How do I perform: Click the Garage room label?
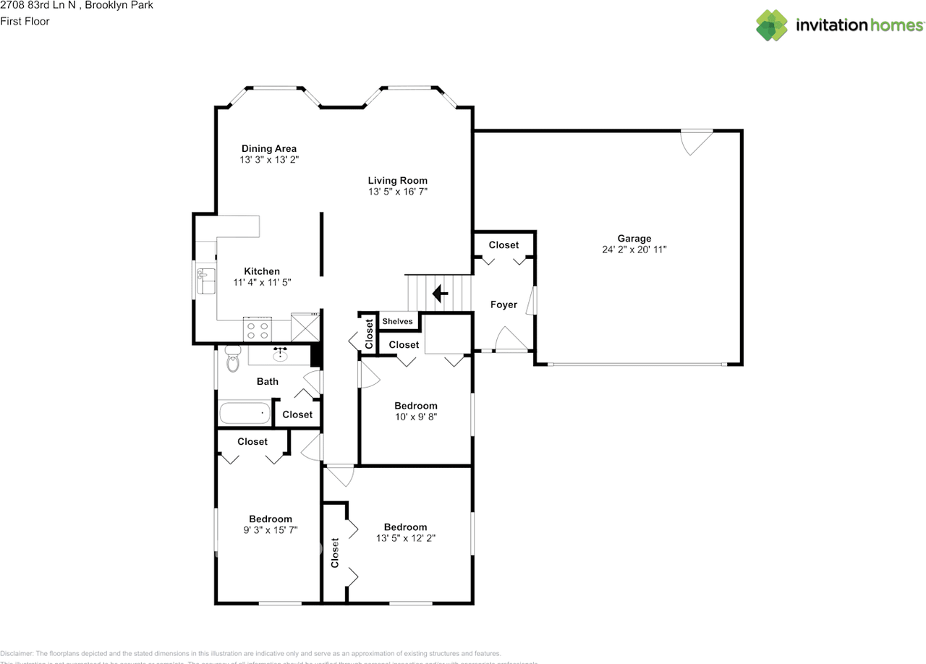634,238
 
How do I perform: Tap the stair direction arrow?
439,294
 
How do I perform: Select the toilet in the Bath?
232,359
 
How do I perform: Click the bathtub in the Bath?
245,414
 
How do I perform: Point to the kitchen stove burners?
257,330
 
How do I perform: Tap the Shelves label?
397,321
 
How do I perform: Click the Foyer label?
504,305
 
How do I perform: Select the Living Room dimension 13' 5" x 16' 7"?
398,192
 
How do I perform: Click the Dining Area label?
269,148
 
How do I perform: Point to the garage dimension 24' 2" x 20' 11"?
634,250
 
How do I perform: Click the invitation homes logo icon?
772,25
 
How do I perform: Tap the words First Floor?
25,21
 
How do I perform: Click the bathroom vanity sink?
280,354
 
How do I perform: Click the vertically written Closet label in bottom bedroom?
335,553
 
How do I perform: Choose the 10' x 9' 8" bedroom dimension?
415,417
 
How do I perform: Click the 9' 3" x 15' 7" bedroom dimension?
271,529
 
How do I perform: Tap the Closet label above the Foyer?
504,244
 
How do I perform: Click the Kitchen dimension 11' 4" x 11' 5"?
262,282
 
